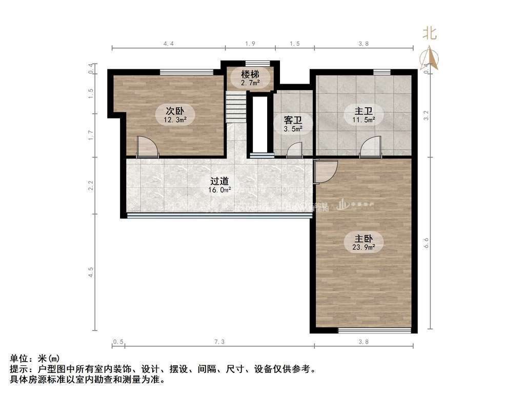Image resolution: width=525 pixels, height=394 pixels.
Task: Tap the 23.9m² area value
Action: click(x=365, y=247)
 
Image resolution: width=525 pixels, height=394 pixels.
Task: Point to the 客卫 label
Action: click(x=293, y=121)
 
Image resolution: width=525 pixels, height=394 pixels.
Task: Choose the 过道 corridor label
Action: click(x=220, y=181)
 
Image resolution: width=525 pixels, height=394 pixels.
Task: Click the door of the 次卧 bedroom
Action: click(x=148, y=147)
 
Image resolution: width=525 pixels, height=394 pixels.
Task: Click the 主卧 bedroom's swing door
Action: click(x=325, y=171)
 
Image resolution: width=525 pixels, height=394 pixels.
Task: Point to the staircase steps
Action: click(x=236, y=105)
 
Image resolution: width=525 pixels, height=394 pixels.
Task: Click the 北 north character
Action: click(x=429, y=34)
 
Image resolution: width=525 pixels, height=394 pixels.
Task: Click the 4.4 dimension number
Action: click(x=169, y=44)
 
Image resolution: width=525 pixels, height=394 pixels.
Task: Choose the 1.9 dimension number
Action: click(x=250, y=44)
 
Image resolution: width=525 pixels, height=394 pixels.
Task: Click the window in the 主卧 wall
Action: click(x=375, y=330)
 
